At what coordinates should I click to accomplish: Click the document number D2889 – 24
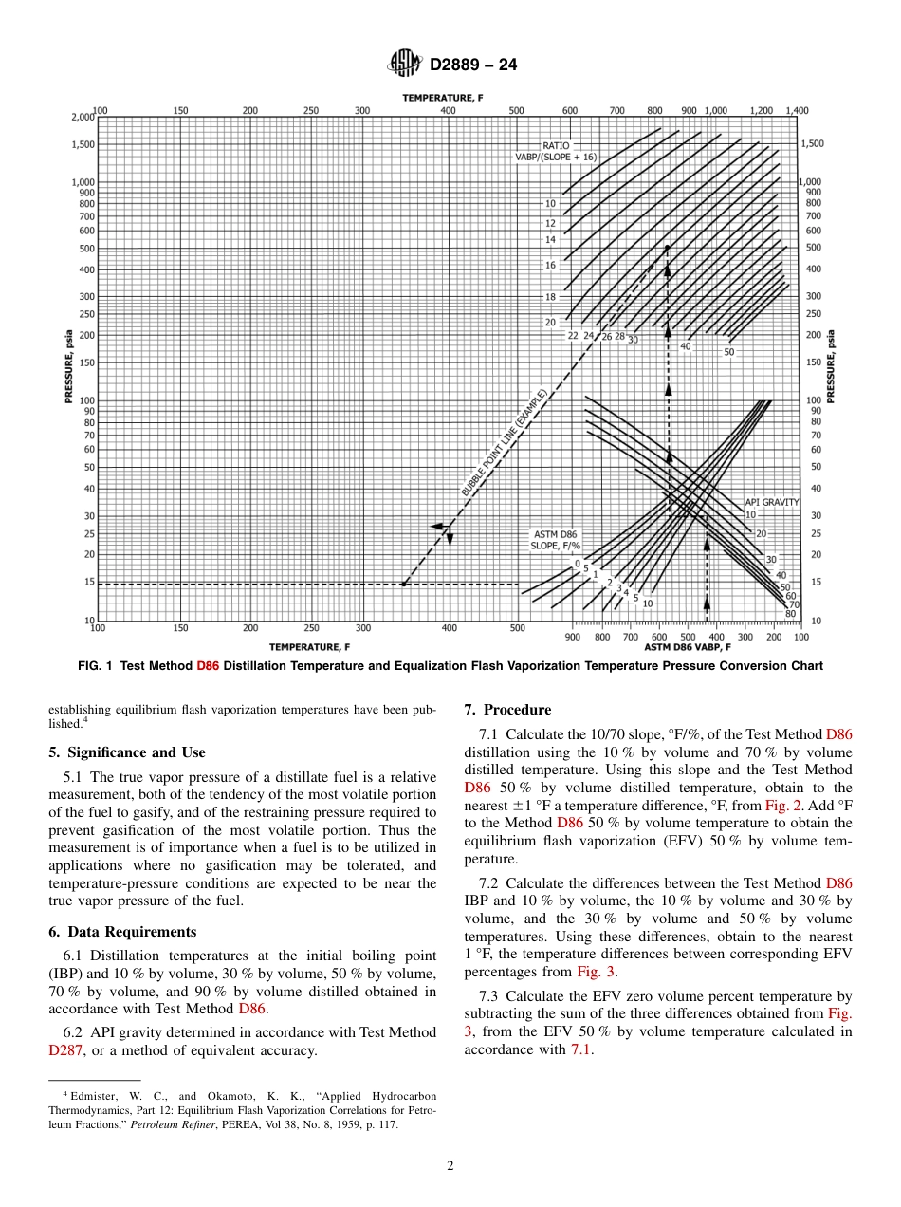(473, 65)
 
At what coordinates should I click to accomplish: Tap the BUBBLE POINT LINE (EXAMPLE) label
(505, 443)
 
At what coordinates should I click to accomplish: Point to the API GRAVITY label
(771, 502)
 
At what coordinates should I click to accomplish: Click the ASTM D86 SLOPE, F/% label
(556, 540)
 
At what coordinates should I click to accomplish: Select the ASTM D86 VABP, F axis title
(688, 647)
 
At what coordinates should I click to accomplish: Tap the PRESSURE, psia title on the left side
(68, 366)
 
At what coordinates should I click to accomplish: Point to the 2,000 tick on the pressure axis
(83, 117)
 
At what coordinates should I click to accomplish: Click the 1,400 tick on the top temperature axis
(797, 110)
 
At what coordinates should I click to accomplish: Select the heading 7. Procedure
(507, 710)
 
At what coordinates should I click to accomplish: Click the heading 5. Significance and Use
(126, 752)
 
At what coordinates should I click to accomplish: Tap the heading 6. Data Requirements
(122, 932)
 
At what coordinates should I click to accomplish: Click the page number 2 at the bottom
(450, 1166)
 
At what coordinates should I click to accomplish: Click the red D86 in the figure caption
(208, 666)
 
